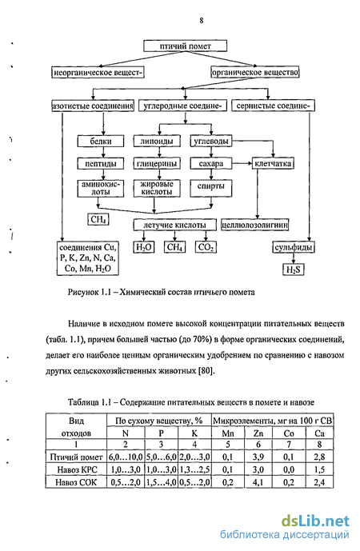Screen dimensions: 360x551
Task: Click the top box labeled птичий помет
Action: tap(186, 46)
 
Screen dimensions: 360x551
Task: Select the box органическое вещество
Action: tap(255, 73)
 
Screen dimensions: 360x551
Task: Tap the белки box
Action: tap(101, 142)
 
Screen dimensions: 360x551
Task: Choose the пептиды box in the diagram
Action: tap(101, 163)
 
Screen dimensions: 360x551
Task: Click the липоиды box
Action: tap(157, 142)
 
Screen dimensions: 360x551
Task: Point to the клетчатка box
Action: tap(273, 163)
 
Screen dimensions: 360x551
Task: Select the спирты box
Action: tap(211, 188)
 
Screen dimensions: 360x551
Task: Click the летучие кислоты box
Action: tap(174, 225)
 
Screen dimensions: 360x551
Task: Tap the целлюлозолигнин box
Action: tap(255, 225)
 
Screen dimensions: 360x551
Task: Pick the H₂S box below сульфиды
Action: tap(294, 270)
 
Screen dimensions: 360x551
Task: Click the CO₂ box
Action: tap(206, 247)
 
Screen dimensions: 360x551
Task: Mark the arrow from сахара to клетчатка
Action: tap(242, 163)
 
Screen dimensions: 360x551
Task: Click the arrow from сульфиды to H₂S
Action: tap(294, 258)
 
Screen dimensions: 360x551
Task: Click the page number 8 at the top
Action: tap(201, 20)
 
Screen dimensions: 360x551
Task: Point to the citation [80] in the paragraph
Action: tap(206, 371)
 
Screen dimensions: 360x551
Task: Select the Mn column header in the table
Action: tap(228, 433)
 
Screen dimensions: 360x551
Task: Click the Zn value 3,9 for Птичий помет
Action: tap(258, 457)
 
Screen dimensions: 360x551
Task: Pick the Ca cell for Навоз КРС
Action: tap(319, 469)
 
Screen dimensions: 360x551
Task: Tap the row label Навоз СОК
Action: tap(76, 482)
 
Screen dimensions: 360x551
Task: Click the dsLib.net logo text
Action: tap(316, 521)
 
